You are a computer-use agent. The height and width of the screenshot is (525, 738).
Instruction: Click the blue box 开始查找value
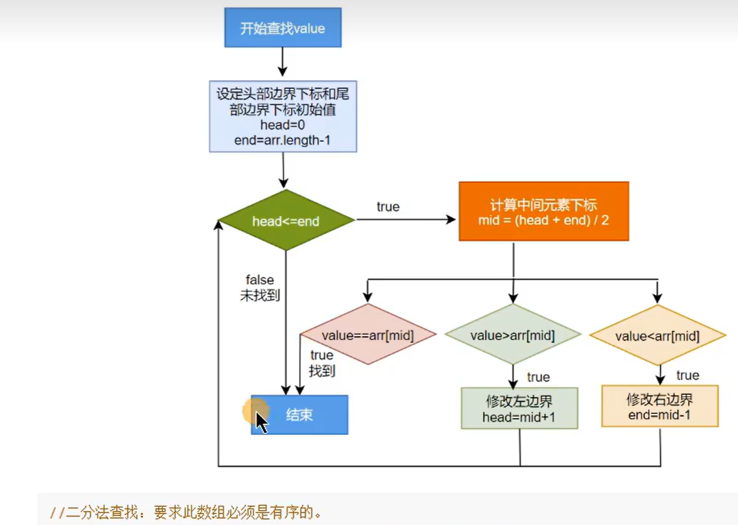coord(283,28)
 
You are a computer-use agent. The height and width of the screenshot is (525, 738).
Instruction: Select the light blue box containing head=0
coord(283,117)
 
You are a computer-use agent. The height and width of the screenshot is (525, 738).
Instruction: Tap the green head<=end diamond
coord(286,221)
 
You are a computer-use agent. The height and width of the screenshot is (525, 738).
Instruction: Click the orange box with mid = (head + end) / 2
coord(544,212)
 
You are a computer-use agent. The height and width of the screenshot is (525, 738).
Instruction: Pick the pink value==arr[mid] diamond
coord(368,335)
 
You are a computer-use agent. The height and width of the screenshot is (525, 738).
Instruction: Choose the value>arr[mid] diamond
coord(513,335)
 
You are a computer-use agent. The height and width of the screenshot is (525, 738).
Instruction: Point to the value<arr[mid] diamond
coord(657,336)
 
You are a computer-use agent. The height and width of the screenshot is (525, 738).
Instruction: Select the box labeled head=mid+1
coord(519,408)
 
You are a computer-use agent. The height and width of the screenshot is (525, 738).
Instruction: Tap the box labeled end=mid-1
coord(659,406)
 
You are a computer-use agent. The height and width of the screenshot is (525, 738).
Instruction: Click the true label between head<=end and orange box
coord(388,207)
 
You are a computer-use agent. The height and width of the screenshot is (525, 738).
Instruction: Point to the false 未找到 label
coord(260,288)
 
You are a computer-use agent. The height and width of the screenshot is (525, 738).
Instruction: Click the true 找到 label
coord(322,363)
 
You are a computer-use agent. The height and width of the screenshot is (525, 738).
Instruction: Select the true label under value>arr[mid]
coord(538,377)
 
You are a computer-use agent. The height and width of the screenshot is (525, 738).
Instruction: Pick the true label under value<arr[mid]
coord(687,375)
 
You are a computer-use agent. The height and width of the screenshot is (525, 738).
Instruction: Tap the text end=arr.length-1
coord(282,140)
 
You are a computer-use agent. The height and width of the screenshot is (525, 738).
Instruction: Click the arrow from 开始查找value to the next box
coord(282,62)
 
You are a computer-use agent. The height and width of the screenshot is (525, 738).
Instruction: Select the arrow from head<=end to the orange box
coord(406,220)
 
